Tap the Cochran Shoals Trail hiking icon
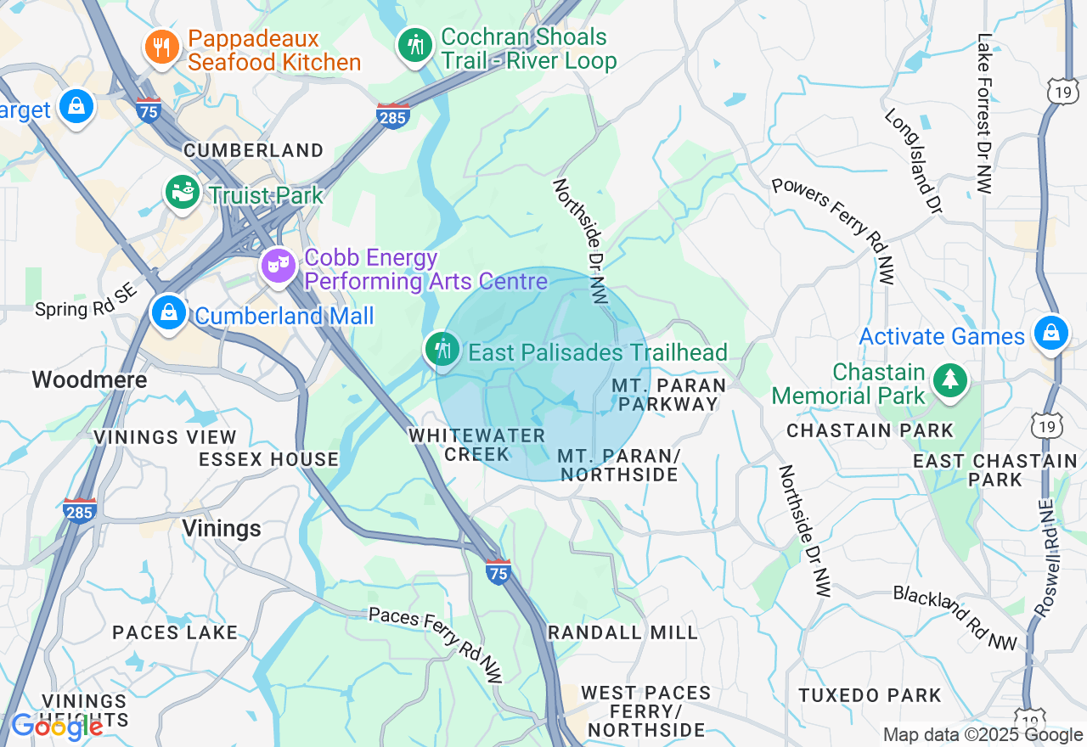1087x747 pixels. [415, 44]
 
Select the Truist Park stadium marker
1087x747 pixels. [183, 193]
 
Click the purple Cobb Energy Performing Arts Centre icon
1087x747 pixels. [278, 266]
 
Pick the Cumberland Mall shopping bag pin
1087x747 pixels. [169, 313]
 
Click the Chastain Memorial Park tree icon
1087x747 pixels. [949, 381]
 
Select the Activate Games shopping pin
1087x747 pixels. [1051, 333]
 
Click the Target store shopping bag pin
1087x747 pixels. [76, 106]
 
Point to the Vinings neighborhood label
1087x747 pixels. [222, 529]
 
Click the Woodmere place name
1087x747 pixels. [90, 379]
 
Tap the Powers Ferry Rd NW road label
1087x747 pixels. [834, 230]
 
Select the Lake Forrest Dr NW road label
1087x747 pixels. [984, 114]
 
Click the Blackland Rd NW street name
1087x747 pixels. [955, 618]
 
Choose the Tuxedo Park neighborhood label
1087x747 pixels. [870, 695]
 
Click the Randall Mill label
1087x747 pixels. [622, 632]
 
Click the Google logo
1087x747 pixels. [57, 727]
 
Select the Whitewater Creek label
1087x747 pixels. [476, 445]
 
